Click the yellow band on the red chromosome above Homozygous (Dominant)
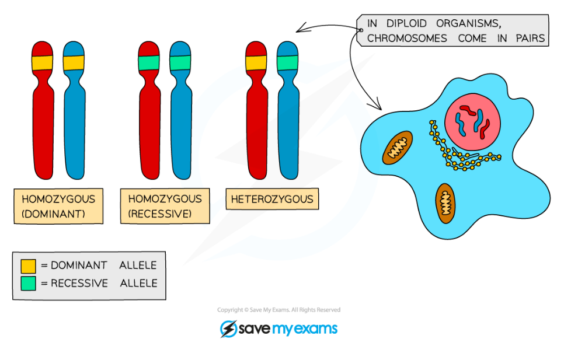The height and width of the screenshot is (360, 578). pyautogui.click(x=43, y=62)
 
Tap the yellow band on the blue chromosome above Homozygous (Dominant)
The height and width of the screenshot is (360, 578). pyautogui.click(x=74, y=62)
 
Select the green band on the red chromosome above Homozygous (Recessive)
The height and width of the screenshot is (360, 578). pyautogui.click(x=149, y=62)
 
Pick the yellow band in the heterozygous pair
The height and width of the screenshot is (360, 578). pyautogui.click(x=256, y=62)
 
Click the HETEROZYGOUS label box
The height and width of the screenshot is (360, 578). pyautogui.click(x=272, y=199)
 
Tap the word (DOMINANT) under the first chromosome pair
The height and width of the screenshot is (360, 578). pyautogui.click(x=53, y=214)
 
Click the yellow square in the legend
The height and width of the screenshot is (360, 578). pyautogui.click(x=28, y=266)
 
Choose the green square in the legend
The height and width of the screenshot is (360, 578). pyautogui.click(x=28, y=284)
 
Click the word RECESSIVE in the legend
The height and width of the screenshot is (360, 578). pyautogui.click(x=79, y=284)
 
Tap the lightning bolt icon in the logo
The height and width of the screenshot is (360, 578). pyautogui.click(x=228, y=329)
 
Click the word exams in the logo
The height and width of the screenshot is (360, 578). pyautogui.click(x=315, y=329)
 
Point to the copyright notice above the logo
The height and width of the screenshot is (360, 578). pyautogui.click(x=278, y=310)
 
